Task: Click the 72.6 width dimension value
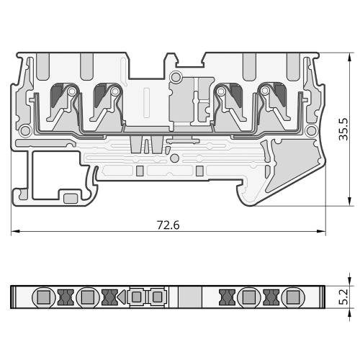pos(168,225)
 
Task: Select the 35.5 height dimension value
pos(343,129)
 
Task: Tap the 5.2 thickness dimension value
pos(343,297)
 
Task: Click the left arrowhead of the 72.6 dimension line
pos(15,231)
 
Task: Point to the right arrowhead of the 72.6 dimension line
pos(321,231)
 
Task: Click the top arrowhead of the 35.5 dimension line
pos(350,57)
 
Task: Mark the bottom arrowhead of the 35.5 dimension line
pos(350,202)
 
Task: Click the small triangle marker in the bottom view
pos(122,297)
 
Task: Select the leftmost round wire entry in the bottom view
pos(44,297)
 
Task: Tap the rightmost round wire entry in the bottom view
pos(293,297)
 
